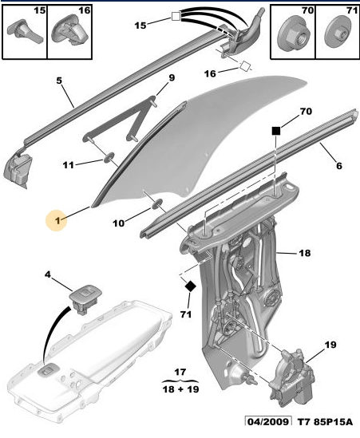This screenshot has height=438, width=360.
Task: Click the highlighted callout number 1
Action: (x=57, y=221)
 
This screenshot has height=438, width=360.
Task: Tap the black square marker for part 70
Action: (x=276, y=131)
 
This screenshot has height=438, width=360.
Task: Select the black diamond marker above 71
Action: (x=191, y=286)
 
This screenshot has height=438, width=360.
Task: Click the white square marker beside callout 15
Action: (x=176, y=17)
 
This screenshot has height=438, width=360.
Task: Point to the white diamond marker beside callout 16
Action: (x=244, y=66)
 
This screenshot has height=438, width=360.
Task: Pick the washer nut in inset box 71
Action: (x=338, y=34)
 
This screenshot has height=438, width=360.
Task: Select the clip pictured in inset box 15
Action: (x=24, y=31)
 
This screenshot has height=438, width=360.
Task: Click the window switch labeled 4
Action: (x=85, y=299)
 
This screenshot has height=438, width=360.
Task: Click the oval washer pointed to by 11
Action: (x=109, y=157)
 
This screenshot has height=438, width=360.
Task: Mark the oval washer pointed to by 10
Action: (x=157, y=203)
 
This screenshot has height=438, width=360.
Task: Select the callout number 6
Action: (x=339, y=166)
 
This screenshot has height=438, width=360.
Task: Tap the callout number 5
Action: (x=59, y=81)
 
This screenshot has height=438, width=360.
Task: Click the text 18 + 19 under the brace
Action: (x=180, y=389)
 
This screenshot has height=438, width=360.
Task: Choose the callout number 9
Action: (x=172, y=77)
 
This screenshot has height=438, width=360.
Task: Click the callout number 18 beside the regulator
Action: (x=305, y=253)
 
